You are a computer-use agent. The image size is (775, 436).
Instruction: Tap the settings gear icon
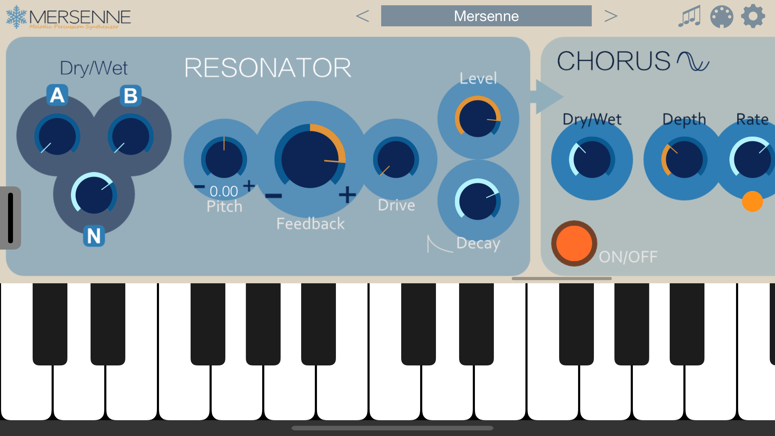(753, 16)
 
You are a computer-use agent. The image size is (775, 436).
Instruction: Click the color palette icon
(721, 16)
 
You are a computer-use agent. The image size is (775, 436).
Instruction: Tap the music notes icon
(689, 16)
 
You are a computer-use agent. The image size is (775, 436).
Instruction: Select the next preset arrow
(611, 16)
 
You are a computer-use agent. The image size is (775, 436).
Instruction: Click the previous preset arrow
(362, 16)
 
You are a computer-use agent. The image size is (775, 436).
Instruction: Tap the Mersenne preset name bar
(486, 16)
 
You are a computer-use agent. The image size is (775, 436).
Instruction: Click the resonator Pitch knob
(224, 159)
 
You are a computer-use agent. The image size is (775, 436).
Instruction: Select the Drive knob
(396, 159)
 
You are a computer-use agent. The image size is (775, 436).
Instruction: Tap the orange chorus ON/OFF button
(574, 243)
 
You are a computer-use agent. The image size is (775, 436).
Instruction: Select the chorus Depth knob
(684, 159)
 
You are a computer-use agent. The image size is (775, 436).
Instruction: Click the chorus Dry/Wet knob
(592, 159)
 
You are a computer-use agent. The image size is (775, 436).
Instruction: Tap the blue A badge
(57, 95)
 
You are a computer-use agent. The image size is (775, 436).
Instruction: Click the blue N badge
(94, 236)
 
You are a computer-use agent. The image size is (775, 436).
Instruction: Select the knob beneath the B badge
(130, 136)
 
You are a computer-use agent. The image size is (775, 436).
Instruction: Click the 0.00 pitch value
(224, 191)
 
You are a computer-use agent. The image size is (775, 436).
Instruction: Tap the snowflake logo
(16, 16)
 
